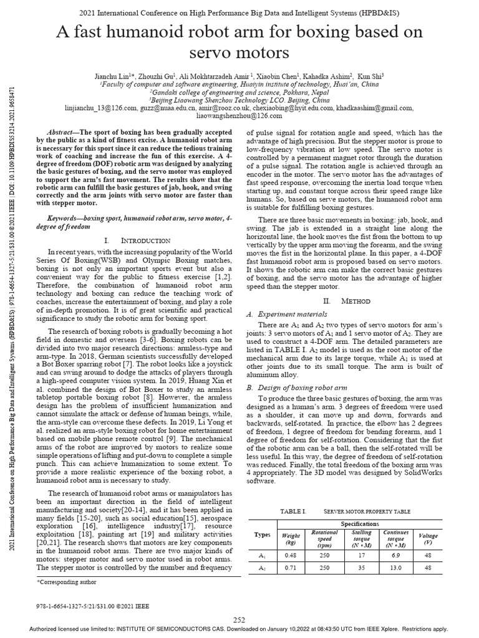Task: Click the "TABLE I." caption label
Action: click(x=291, y=511)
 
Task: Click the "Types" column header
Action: click(x=262, y=536)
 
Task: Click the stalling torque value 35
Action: click(x=362, y=568)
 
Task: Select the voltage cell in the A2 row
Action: click(x=428, y=568)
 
